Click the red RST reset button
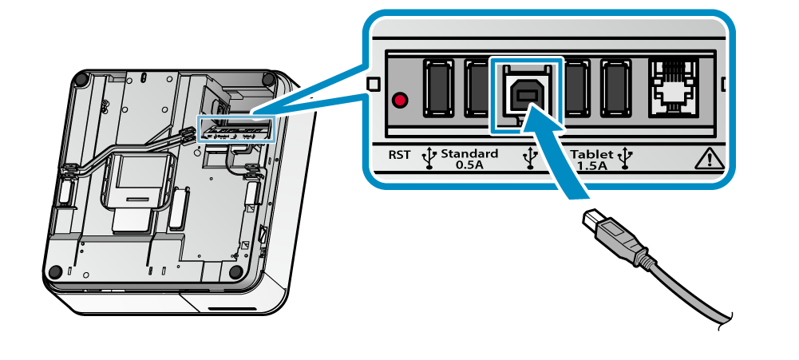[x=400, y=101]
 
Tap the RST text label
[x=399, y=155]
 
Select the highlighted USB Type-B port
[x=526, y=93]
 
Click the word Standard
[x=469, y=153]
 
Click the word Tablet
[x=591, y=153]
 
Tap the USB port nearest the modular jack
[x=616, y=88]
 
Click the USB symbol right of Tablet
[x=625, y=158]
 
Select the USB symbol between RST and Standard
[x=429, y=158]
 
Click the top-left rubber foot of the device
[x=81, y=80]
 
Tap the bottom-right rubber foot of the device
[x=235, y=272]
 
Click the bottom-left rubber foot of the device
[x=54, y=272]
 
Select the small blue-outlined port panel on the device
[x=235, y=130]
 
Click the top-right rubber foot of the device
[x=268, y=80]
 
